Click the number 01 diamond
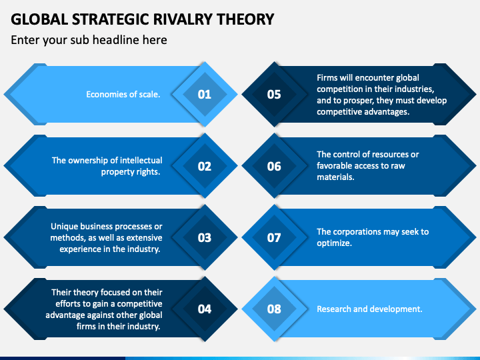tap(205, 94)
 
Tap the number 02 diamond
tap(205, 166)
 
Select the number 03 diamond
tap(205, 237)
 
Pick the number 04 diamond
tap(205, 309)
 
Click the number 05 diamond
tap(274, 94)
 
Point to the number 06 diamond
tap(274, 166)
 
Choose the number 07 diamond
tap(274, 237)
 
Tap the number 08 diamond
tap(274, 309)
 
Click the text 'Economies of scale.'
tap(123, 95)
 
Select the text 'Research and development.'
tap(369, 309)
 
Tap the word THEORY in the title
tap(245, 19)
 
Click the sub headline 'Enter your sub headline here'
tap(89, 40)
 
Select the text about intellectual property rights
tap(107, 166)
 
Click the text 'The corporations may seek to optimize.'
tap(372, 237)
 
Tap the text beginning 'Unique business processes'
tap(106, 237)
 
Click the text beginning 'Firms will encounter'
tap(381, 95)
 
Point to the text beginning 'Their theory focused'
tap(106, 309)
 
